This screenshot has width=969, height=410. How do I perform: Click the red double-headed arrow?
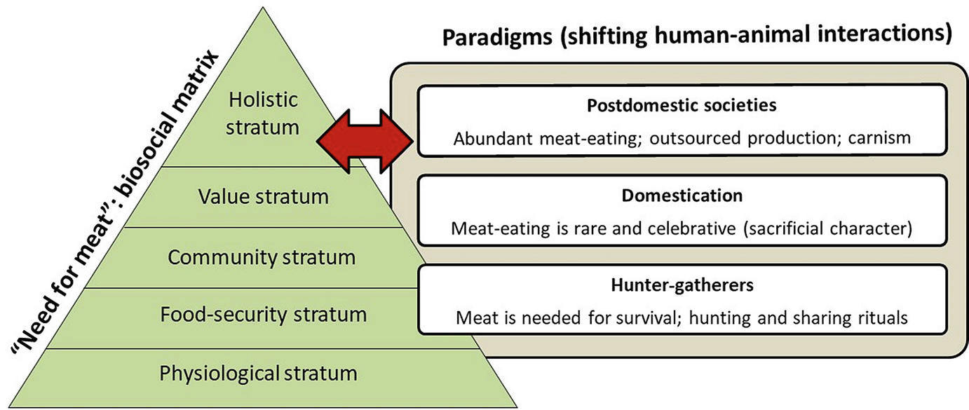pos(365,141)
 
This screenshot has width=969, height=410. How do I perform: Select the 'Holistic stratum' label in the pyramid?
pos(262,114)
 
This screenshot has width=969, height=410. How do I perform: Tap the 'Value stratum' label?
pos(264,197)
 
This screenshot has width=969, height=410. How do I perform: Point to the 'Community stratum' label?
pos(262,257)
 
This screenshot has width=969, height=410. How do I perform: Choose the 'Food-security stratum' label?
pos(264,315)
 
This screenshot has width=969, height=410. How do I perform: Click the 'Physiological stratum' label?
pos(258,374)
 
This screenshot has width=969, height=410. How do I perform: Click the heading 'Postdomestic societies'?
pos(682,106)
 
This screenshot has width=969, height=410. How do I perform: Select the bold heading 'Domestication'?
pos(682,196)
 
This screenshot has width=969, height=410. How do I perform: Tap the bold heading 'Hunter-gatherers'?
pos(682,285)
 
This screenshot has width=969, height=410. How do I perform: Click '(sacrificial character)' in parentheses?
pos(827,228)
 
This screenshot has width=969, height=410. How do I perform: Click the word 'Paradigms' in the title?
pos(498,37)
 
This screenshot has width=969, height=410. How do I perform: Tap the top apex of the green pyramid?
pos(262,7)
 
